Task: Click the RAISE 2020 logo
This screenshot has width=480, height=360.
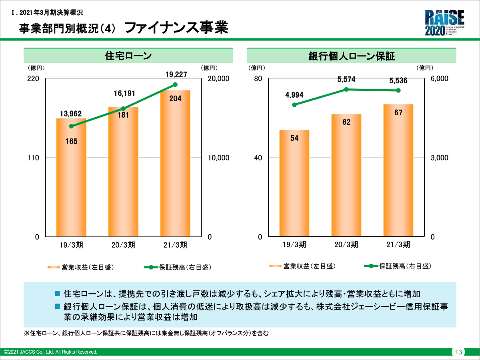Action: coord(444,23)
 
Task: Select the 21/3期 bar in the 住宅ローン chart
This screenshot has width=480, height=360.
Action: coord(175,168)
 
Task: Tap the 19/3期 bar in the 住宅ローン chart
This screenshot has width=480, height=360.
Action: coord(71,180)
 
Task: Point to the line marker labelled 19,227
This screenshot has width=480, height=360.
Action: coord(175,84)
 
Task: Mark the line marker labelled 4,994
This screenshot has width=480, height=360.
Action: coord(294,105)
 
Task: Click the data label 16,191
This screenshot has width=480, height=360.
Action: coord(123,94)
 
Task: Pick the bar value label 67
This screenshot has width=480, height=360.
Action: coord(398,112)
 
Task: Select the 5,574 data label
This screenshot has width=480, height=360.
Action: coord(346,80)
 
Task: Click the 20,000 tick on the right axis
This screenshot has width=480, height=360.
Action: coord(219,79)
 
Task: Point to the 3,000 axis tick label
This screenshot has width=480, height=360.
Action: coord(440,158)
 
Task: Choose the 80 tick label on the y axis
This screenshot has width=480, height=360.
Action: coord(258,79)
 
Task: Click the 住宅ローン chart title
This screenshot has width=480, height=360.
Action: coord(128,56)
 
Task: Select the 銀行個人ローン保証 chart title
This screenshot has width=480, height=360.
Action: coord(352,56)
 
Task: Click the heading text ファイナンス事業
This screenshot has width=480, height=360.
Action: coord(176,28)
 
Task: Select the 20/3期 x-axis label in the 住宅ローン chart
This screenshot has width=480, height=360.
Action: coord(123,245)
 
